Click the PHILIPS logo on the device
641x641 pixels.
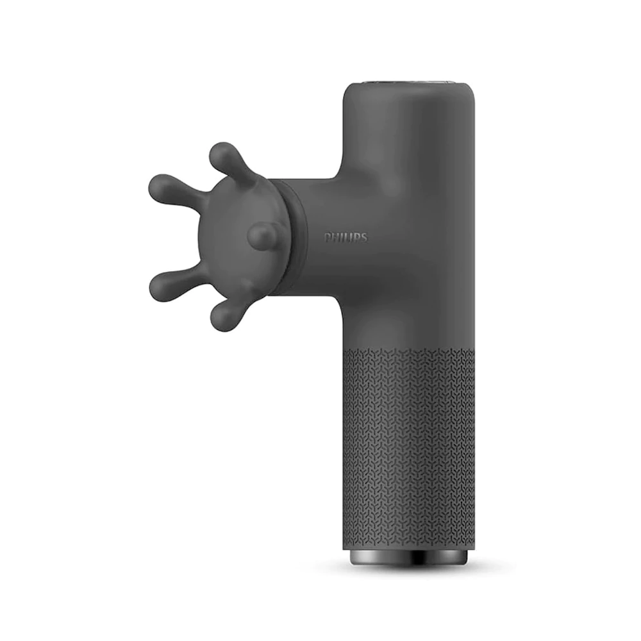coord(346,238)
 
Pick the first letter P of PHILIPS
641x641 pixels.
coord(328,238)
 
